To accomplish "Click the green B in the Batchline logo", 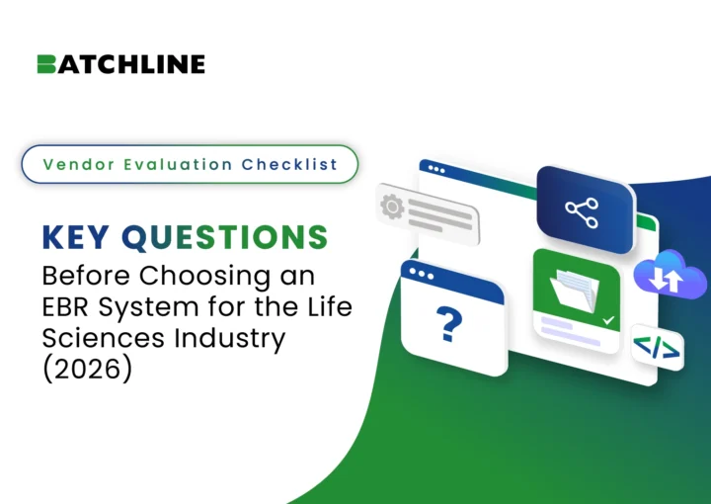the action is click(46, 64).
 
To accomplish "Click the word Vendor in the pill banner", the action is click(79, 164).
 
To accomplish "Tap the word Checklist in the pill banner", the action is click(289, 164).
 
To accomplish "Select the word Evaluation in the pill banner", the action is click(178, 164).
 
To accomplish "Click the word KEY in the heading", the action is click(76, 237).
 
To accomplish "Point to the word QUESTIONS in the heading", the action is click(224, 238).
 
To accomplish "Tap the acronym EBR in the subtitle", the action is click(66, 306).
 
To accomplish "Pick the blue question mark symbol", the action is click(449, 323).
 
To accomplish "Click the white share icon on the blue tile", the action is click(582, 212).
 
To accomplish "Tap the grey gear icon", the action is click(392, 207).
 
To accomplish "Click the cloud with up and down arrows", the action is click(670, 275).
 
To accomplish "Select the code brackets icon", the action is click(657, 348).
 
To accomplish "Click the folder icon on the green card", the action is click(575, 291).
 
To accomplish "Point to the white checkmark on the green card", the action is click(608, 320).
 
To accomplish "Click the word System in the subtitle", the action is click(149, 308).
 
